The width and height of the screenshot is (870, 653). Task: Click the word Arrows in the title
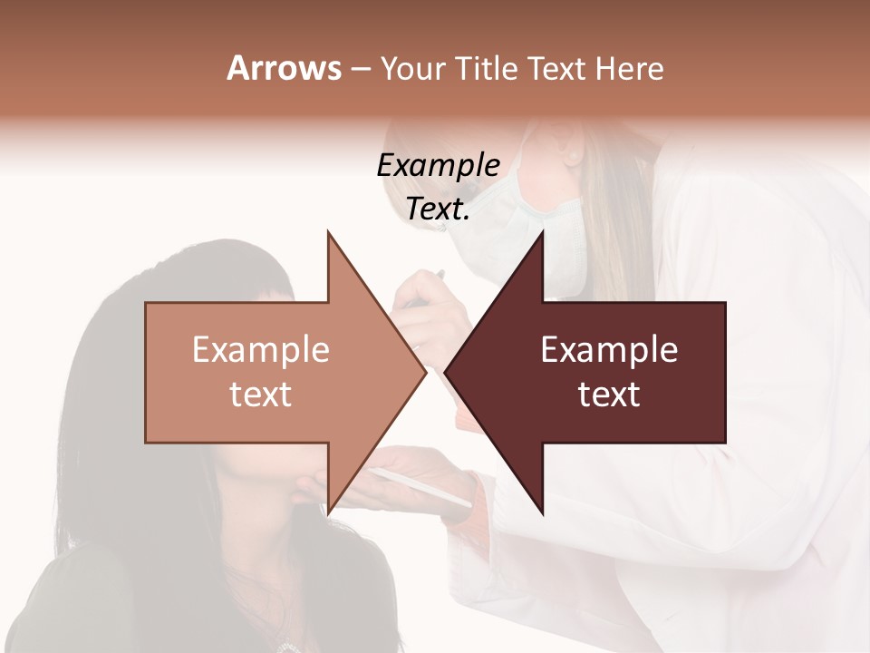tap(284, 68)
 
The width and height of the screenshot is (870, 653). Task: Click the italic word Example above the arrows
tap(438, 166)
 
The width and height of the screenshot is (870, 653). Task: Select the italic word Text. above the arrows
tap(438, 210)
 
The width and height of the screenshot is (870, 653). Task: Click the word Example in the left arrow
tap(261, 350)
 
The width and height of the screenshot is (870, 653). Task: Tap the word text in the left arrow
tap(261, 395)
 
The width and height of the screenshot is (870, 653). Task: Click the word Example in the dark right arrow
tap(609, 350)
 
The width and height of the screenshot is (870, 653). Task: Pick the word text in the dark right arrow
tap(609, 395)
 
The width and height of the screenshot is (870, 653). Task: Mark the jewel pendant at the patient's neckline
tap(291, 646)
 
